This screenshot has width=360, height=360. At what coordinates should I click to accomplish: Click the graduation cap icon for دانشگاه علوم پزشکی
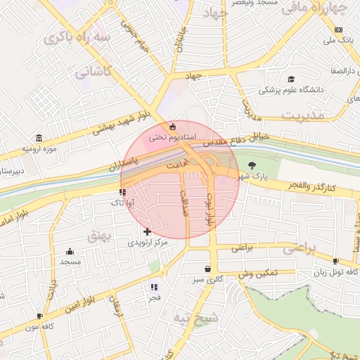click(291, 79)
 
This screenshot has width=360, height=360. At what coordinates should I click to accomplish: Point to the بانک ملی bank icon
click(338, 30)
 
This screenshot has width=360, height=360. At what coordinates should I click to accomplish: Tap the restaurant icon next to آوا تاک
click(123, 191)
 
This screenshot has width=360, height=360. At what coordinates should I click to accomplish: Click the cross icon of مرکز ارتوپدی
click(147, 231)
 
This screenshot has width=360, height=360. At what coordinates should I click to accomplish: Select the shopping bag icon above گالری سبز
click(207, 269)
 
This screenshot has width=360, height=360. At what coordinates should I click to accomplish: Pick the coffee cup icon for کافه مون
click(39, 316)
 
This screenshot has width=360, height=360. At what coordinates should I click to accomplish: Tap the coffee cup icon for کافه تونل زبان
click(335, 262)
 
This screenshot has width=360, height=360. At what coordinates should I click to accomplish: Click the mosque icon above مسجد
click(70, 251)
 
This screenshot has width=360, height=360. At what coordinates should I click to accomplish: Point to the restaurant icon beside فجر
click(154, 287)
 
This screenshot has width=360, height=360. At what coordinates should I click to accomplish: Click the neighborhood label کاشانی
click(93, 72)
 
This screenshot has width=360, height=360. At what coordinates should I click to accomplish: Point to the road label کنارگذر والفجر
click(311, 185)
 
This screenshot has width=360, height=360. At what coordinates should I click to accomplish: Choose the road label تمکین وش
click(257, 274)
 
